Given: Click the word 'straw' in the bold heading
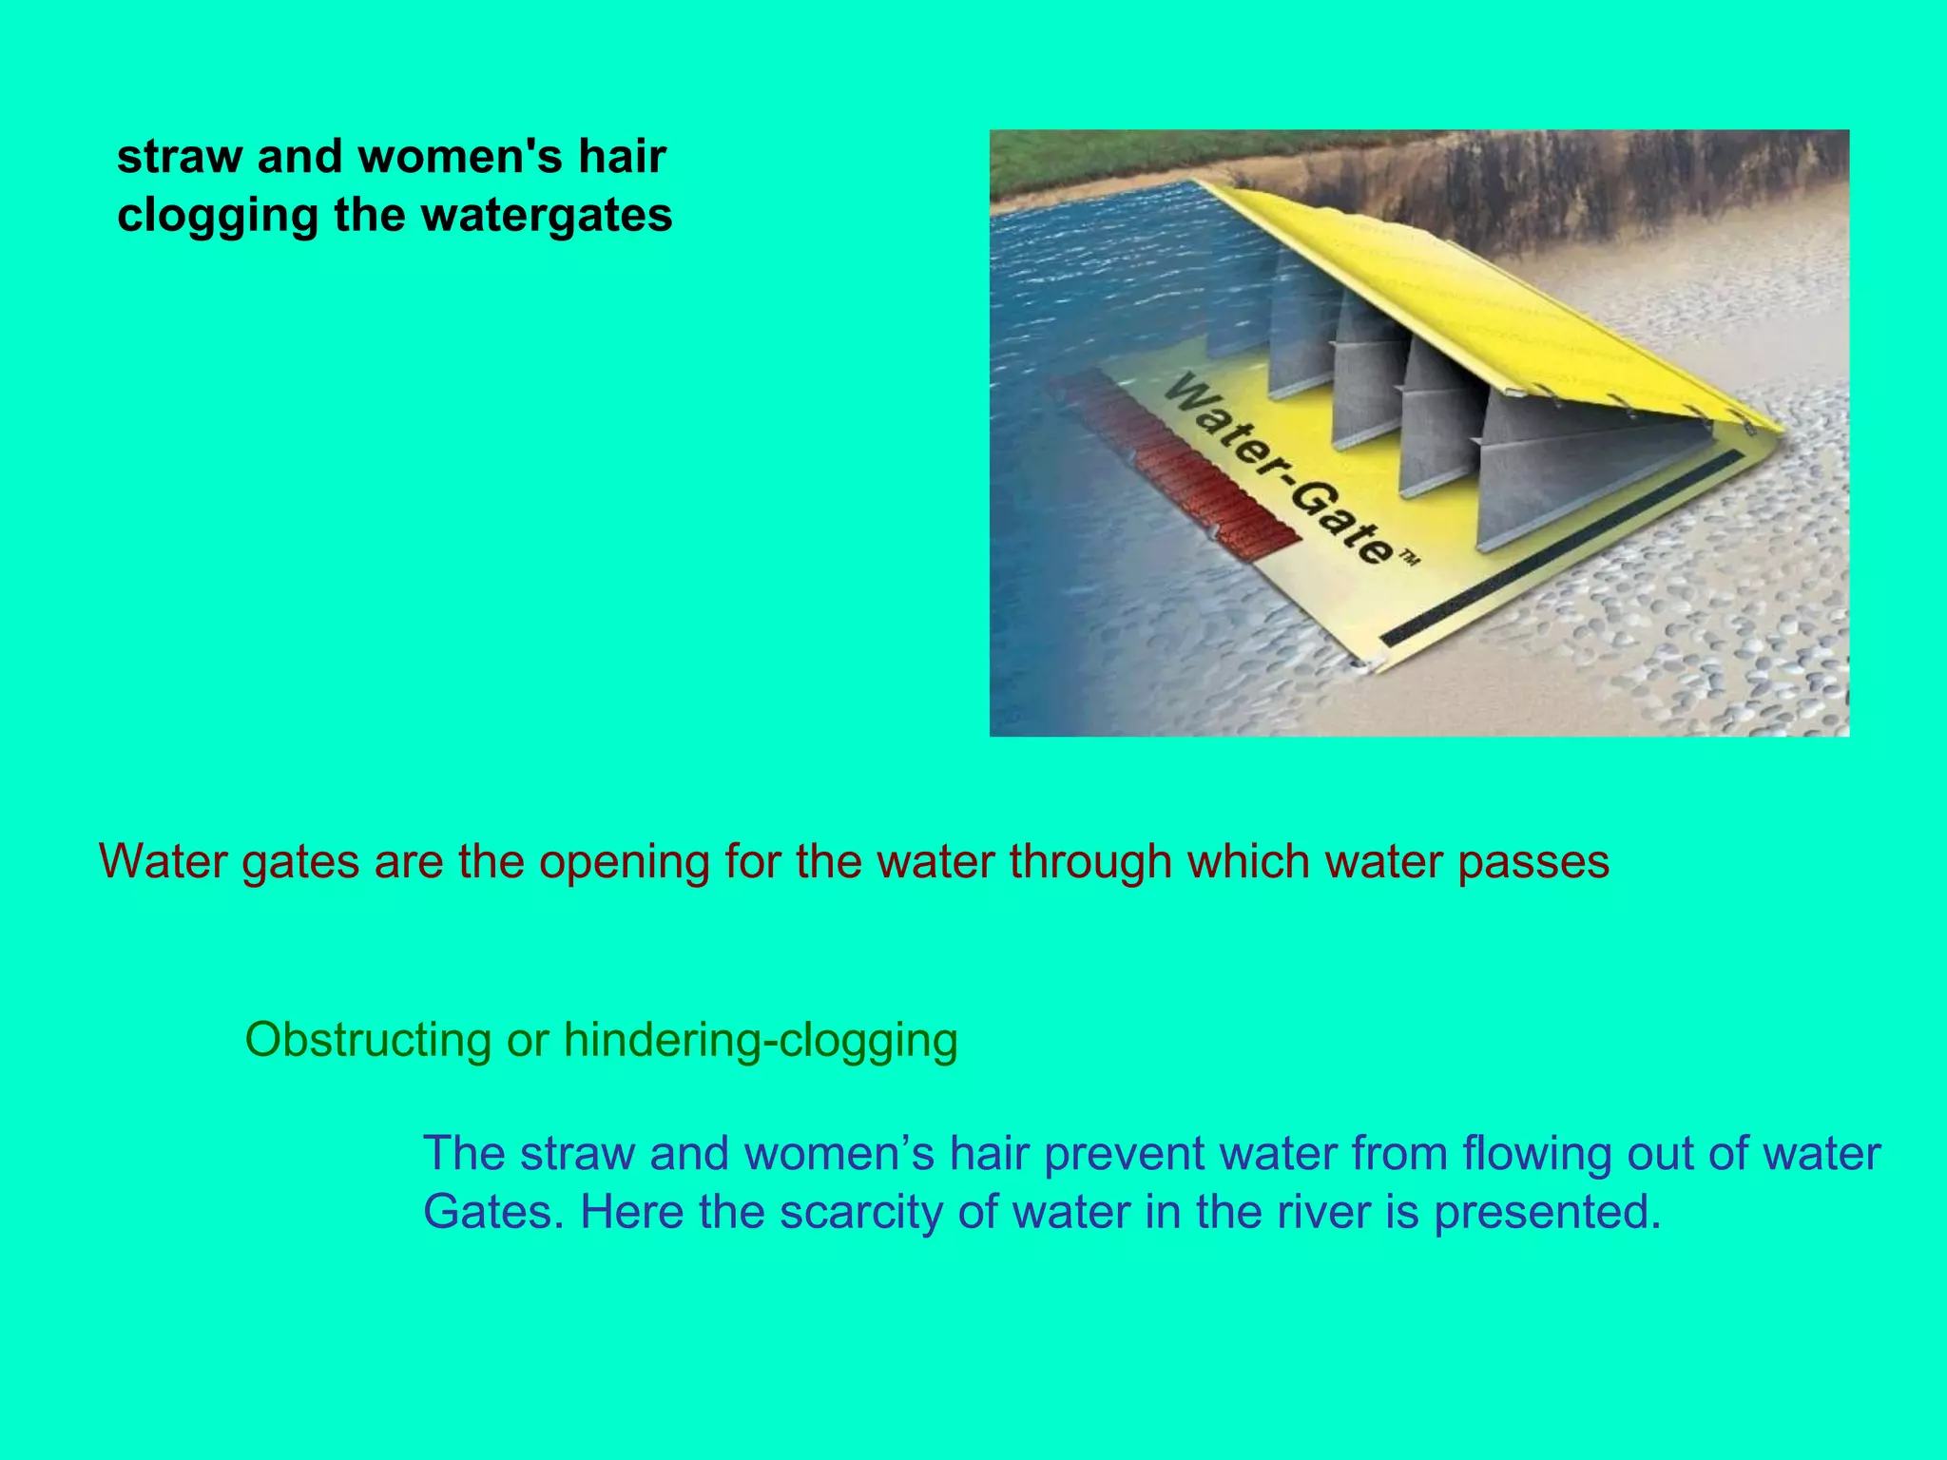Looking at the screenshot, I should point(178,157).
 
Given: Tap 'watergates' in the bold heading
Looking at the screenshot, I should point(547,215).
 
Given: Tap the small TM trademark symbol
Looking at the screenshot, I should point(1408,560).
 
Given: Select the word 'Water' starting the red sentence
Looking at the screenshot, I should point(163,861).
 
